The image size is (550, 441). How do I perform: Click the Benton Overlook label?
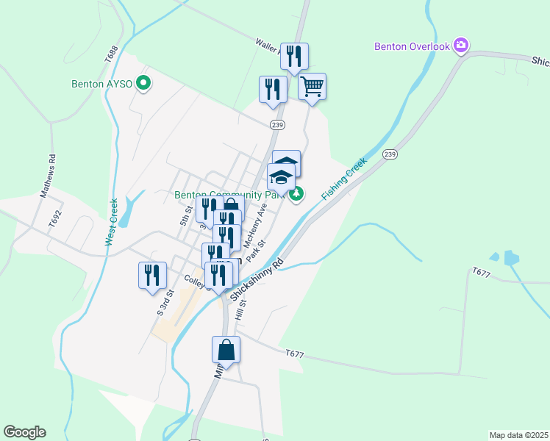(411, 46)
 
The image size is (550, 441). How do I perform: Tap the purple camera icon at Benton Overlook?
(461, 46)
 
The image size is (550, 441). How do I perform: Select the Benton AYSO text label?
(101, 84)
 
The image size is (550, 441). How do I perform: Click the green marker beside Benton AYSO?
(145, 84)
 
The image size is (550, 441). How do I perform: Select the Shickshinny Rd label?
(257, 279)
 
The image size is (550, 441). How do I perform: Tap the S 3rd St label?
(164, 303)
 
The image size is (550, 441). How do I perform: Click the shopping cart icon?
(312, 87)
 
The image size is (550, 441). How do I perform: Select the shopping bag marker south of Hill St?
(226, 350)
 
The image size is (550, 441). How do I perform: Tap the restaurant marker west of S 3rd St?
(152, 276)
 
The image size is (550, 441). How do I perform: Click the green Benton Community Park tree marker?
(296, 194)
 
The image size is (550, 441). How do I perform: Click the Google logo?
(24, 432)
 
